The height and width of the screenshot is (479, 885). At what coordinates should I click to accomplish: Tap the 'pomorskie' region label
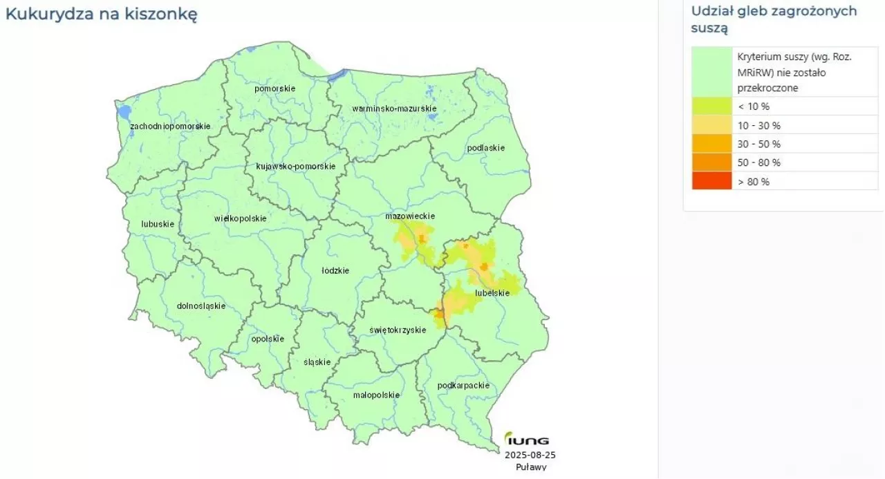[274, 88]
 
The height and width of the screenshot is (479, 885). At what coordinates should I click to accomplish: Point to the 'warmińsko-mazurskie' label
[394, 109]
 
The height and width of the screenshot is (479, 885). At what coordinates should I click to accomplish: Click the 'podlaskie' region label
[486, 148]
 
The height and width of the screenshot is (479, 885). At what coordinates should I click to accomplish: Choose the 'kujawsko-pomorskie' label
[295, 167]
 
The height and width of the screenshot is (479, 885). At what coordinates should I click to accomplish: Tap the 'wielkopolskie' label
[240, 218]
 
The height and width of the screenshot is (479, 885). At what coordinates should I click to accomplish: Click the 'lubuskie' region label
[157, 224]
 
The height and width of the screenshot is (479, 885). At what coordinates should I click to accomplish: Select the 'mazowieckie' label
[410, 216]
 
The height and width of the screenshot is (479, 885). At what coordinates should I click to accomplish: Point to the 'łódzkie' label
[335, 270]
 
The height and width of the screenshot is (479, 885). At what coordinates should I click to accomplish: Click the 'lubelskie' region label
[492, 293]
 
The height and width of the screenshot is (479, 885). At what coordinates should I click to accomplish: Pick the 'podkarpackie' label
[463, 386]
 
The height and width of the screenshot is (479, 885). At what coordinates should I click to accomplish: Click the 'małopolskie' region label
[376, 395]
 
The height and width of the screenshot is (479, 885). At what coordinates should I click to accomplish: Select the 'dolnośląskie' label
[201, 306]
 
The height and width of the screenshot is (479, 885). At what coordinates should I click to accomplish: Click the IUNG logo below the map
[527, 440]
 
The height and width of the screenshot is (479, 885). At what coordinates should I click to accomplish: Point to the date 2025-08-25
[530, 455]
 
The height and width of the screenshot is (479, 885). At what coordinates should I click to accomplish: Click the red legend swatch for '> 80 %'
[711, 181]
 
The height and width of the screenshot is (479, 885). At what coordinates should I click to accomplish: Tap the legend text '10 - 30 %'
[758, 125]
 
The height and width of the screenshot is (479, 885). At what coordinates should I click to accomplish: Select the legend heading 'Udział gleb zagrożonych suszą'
[774, 19]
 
